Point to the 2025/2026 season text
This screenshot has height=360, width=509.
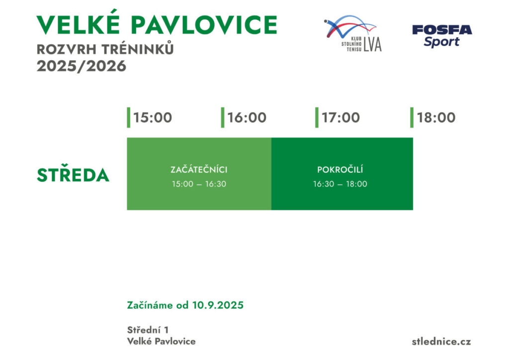coord(82,66)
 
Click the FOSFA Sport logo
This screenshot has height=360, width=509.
coord(442,35)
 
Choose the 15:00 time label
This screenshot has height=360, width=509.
coord(153,118)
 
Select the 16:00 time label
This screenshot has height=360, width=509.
coord(247,118)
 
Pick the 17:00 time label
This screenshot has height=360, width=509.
coord(340,118)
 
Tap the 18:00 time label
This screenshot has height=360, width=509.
coord(436,118)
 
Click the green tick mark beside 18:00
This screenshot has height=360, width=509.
coord(412,117)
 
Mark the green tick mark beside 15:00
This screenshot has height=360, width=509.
coord(129,117)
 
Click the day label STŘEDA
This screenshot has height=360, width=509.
coord(73,175)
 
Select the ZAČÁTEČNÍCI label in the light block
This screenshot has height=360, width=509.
coord(199,170)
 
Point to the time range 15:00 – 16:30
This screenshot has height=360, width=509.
coord(199,184)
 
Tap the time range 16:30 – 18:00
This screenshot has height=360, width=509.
coord(340,184)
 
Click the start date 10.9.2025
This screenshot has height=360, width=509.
coord(218,305)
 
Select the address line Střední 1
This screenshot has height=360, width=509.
coord(148,330)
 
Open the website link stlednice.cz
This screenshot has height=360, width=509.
coord(441,342)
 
